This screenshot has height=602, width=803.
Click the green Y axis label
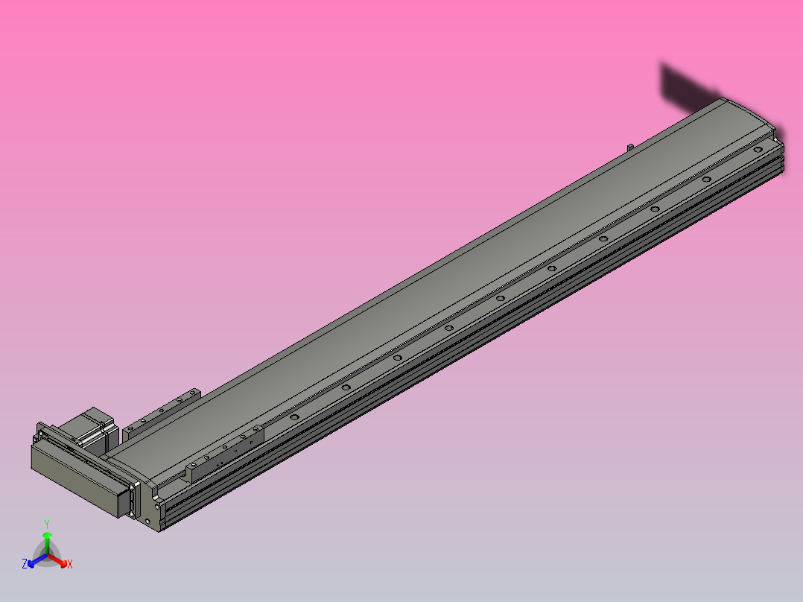(x=46, y=523)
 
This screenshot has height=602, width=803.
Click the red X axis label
(x=69, y=565)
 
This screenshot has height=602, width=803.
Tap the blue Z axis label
(x=25, y=565)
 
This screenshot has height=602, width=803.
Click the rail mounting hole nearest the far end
(x=757, y=150)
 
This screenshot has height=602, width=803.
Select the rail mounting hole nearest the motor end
(x=294, y=416)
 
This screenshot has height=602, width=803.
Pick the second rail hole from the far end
(x=705, y=180)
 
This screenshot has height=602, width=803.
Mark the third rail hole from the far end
(x=654, y=209)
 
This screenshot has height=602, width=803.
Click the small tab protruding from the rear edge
(x=629, y=146)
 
